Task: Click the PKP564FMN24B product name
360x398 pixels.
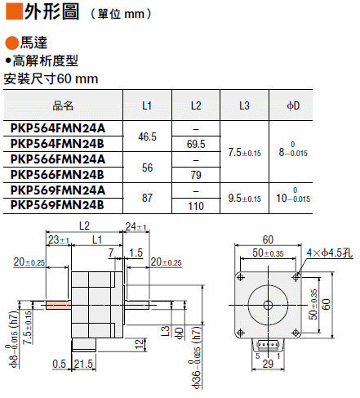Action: click(x=57, y=144)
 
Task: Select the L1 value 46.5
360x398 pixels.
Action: click(x=147, y=136)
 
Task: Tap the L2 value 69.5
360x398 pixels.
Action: click(x=196, y=144)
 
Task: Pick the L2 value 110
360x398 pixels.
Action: click(x=196, y=206)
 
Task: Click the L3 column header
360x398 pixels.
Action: click(x=244, y=105)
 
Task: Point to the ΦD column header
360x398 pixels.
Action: click(x=293, y=105)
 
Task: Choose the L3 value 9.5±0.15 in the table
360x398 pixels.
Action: click(x=244, y=198)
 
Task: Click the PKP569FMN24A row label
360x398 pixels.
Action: click(x=58, y=190)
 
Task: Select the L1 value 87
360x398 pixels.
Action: click(x=147, y=198)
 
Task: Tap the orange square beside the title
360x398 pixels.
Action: click(x=14, y=11)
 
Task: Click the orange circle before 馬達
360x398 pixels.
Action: click(x=12, y=43)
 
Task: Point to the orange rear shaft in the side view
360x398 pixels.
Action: click(x=58, y=305)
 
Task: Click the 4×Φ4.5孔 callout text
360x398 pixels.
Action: click(x=330, y=253)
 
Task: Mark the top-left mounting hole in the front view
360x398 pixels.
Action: click(x=241, y=277)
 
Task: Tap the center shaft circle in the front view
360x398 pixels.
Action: click(x=268, y=305)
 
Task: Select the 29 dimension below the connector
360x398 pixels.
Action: click(x=268, y=364)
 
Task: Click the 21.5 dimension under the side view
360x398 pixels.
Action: click(x=83, y=364)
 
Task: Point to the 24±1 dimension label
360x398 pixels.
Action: click(x=136, y=226)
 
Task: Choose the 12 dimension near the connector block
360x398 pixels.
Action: click(x=139, y=344)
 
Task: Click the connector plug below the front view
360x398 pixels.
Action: click(x=268, y=346)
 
